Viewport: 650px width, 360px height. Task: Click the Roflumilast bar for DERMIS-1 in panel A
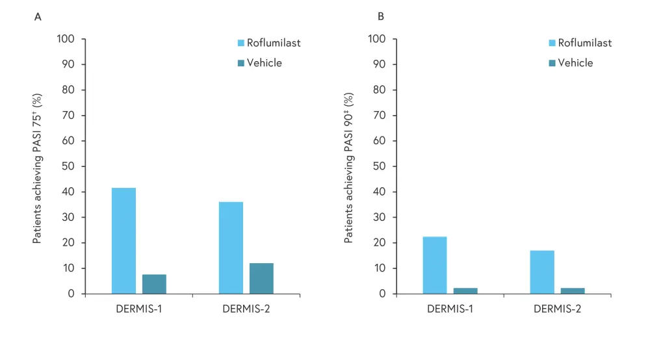click(x=123, y=240)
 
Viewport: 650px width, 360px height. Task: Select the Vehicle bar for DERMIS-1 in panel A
click(x=154, y=284)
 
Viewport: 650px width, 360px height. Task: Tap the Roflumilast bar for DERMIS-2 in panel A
click(x=231, y=248)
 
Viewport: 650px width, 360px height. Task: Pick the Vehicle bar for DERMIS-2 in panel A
click(x=261, y=278)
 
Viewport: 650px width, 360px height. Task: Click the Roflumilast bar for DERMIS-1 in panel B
click(x=435, y=265)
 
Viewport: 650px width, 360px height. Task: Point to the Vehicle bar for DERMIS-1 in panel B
click(x=465, y=290)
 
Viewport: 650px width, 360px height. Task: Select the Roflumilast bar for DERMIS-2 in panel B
click(x=542, y=272)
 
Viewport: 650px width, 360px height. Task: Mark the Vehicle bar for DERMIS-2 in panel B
click(x=573, y=290)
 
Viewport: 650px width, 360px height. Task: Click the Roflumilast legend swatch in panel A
click(x=240, y=44)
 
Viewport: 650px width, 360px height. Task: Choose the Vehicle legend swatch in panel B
click(x=552, y=63)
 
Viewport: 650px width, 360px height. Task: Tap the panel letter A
click(x=38, y=16)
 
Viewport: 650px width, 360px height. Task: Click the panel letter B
click(x=381, y=16)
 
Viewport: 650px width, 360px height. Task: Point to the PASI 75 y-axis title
click(x=37, y=168)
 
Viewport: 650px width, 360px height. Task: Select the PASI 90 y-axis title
click(x=348, y=168)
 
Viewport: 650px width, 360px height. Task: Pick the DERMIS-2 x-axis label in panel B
click(x=558, y=309)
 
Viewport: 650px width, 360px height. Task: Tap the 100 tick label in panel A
click(x=67, y=39)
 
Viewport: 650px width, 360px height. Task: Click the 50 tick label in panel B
click(x=381, y=166)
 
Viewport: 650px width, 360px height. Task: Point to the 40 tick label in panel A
click(x=69, y=192)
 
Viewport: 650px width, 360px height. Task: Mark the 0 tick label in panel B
click(x=383, y=294)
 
